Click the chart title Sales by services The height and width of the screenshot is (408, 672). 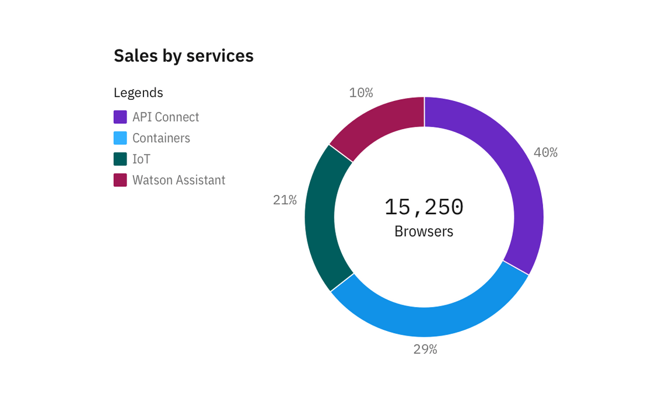[183, 56]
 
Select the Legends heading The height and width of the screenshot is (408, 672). [138, 92]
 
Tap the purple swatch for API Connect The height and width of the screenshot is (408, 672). [120, 117]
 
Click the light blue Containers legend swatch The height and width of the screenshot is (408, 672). [120, 138]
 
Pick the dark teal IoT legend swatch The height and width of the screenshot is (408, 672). [120, 159]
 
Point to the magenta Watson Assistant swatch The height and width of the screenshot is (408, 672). [120, 180]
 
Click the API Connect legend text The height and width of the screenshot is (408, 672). [166, 117]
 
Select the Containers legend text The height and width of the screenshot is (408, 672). [161, 138]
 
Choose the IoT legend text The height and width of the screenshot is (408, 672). [141, 159]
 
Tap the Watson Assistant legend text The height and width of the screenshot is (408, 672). [178, 180]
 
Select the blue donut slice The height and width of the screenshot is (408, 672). [429, 321]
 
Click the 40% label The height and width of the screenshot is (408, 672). [545, 152]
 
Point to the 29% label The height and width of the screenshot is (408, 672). [425, 350]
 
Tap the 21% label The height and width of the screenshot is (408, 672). [285, 200]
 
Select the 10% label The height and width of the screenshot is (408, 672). [361, 93]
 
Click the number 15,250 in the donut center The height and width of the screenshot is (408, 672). [424, 207]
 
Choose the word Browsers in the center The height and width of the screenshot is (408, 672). [424, 231]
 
